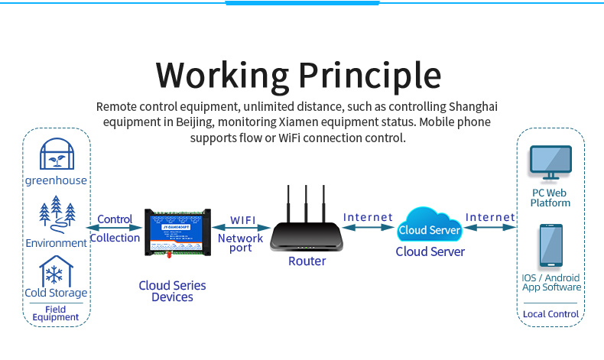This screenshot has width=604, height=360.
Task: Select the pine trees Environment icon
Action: tap(57, 214)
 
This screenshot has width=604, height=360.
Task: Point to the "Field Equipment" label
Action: tap(56, 313)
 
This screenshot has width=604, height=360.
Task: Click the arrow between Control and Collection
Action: tap(114, 228)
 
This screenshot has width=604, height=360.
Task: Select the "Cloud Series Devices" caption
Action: tap(172, 291)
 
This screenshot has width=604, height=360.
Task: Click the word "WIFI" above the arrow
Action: tap(243, 220)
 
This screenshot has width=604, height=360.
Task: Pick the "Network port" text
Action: tap(241, 242)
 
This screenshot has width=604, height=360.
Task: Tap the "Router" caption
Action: tap(307, 261)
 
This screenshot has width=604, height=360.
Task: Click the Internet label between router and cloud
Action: tap(368, 217)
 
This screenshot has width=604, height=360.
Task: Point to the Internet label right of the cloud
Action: tap(489, 217)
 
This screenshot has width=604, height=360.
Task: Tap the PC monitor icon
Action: tap(550, 167)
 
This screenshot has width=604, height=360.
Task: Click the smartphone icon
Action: tap(550, 245)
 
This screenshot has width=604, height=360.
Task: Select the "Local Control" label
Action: tap(550, 314)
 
